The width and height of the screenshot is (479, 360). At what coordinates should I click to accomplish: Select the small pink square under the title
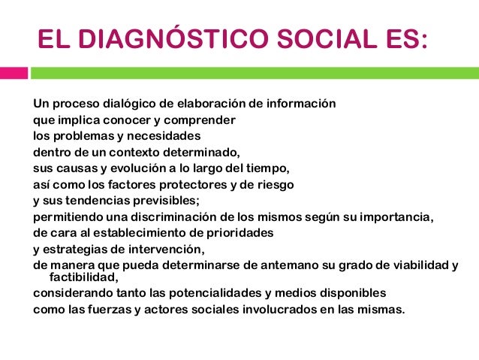coord(14,74)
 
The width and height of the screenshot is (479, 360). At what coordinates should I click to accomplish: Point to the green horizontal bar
coord(255,74)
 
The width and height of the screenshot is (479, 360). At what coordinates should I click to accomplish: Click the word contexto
coord(126,152)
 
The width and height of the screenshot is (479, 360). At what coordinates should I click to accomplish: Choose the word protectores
coord(183,184)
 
